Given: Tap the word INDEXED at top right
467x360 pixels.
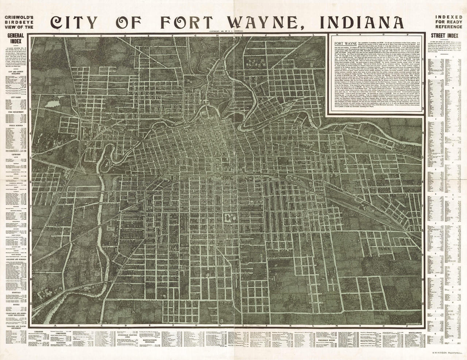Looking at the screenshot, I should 446,16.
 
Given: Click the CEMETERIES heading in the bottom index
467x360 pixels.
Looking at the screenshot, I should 86,328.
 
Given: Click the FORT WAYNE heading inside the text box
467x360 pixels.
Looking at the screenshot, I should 343,43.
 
